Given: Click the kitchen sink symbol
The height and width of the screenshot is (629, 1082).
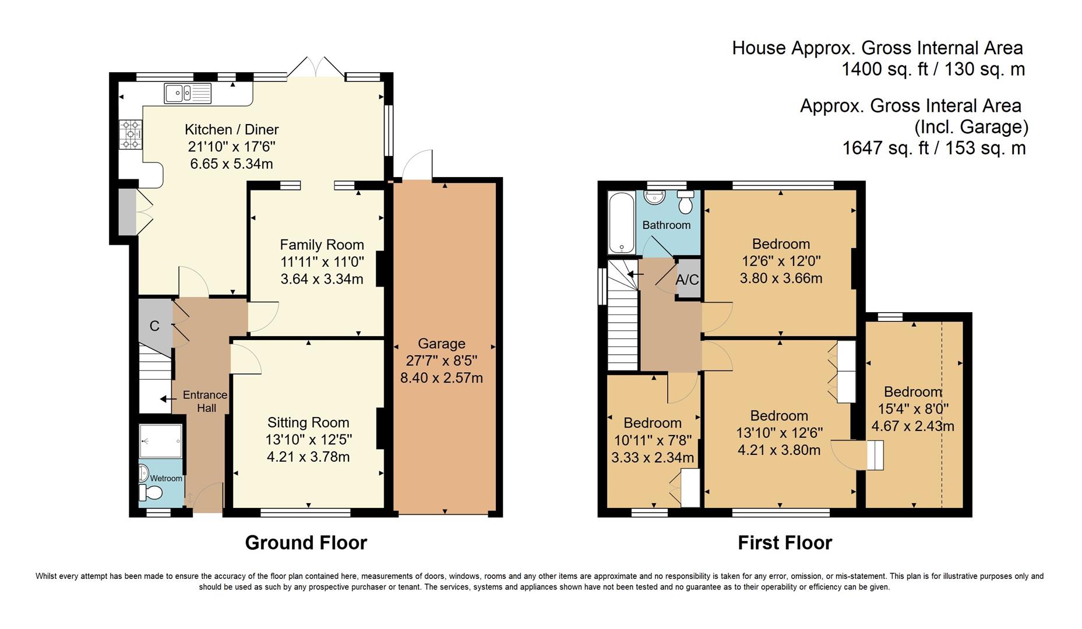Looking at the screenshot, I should tap(188, 93).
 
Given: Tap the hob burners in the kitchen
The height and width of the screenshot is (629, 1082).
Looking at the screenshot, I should tap(131, 134).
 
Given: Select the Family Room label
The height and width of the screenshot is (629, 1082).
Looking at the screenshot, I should tap(322, 245).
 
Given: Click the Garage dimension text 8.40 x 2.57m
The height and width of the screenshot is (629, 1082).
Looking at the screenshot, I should tap(441, 378).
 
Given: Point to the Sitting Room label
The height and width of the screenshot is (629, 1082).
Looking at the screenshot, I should tap(308, 423).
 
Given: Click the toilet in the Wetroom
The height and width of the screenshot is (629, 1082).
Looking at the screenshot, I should tap(150, 493).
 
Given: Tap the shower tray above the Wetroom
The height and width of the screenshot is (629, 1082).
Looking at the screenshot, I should tap(161, 440).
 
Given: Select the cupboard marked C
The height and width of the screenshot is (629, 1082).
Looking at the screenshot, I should tap(154, 326).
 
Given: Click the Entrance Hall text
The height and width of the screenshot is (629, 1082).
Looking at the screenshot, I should tap(205, 401).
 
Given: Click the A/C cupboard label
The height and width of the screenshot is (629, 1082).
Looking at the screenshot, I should tap(687, 280).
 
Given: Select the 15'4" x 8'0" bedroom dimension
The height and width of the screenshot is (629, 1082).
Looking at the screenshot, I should tap(912, 409).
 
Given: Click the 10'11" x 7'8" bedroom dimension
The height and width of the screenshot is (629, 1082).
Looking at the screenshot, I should tap(653, 440).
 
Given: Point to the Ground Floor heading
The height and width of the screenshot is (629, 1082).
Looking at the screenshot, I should tap(306, 543).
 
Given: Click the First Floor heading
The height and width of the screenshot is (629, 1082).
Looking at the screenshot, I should tap(785, 543).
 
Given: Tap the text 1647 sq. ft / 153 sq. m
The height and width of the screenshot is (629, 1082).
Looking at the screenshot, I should tap(933, 148).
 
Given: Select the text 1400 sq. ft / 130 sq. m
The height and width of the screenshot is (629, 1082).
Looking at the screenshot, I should tap(933, 69).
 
